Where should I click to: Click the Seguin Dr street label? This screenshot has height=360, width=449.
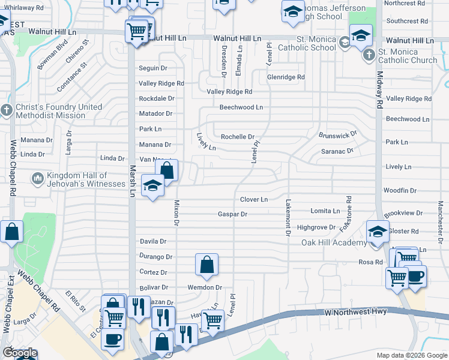[153, 68]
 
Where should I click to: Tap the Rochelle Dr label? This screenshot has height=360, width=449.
[238, 137]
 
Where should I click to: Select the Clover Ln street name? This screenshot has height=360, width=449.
[253, 199]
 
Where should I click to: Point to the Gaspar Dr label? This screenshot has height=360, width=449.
[232, 214]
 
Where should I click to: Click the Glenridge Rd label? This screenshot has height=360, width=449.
[286, 77]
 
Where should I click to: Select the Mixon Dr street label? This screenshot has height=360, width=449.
[176, 214]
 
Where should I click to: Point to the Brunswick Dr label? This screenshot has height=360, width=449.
[338, 134]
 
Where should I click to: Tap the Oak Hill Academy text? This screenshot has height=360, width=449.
[334, 242]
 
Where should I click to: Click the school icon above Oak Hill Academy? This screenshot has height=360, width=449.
[378, 232]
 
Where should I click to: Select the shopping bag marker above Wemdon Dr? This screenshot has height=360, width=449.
[206, 264]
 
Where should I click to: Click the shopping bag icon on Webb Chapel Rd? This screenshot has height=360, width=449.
[11, 232]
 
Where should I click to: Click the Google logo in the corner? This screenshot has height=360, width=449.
[20, 353]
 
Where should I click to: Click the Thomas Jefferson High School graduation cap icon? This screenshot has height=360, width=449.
[293, 13]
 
